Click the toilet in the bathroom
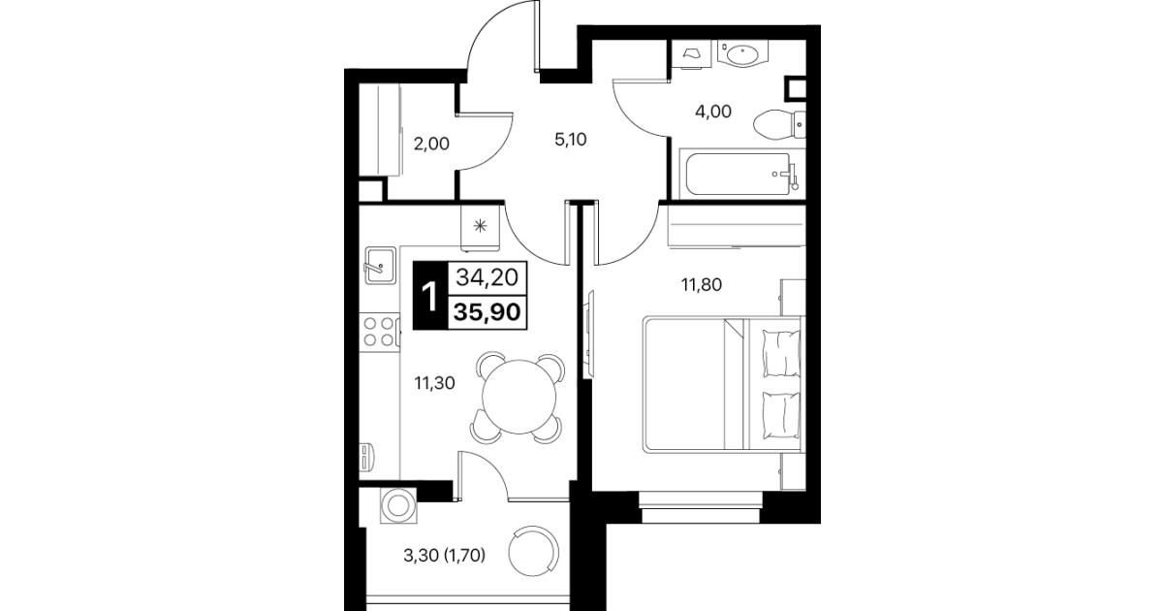pos(778,125)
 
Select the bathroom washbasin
pos(742,54)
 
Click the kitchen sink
pos(380,265)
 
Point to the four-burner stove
pos(379,333)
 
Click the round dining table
pos(519,397)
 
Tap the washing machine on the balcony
pos(398,505)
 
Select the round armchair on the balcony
pos(534,551)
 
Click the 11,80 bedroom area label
pos(702,285)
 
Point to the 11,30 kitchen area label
pos(434,383)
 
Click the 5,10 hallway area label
pos(571,140)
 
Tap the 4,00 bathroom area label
pos(713,112)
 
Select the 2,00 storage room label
pos(431,144)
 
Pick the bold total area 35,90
pos(487,312)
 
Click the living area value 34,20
pos(487,277)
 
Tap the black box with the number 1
pos(430,296)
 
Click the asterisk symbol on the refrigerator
pos(480,226)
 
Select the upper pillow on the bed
pos(781,352)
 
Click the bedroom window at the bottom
pos(701,507)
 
